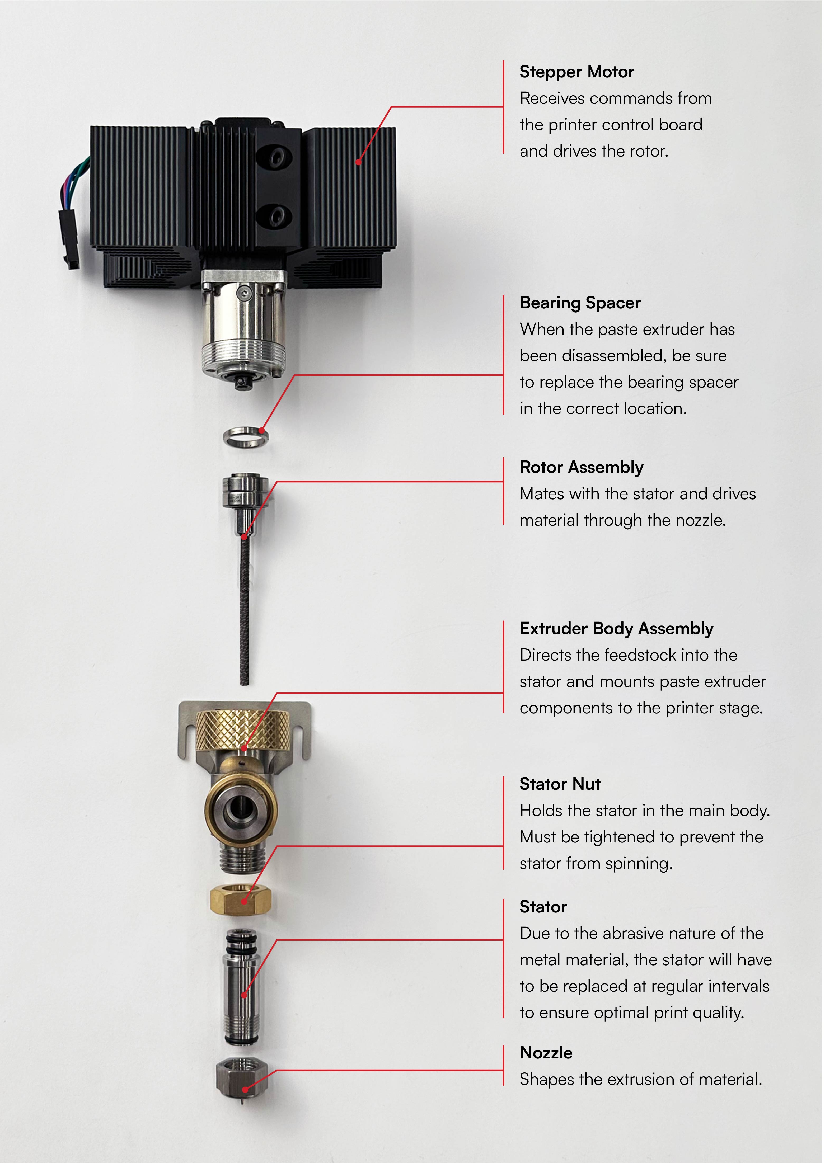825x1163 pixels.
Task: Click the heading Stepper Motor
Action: pos(576,72)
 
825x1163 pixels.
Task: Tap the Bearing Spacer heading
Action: pos(580,303)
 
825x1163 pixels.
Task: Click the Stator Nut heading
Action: pos(560,784)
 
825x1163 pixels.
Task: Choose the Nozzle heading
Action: pos(546,1053)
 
